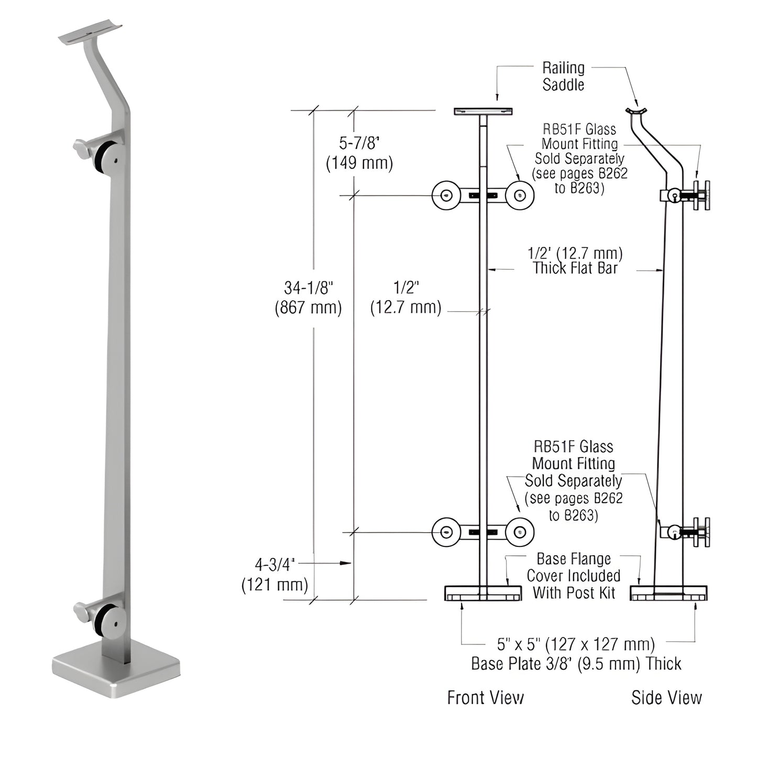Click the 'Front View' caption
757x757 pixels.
485,697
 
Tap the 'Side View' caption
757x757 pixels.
666,697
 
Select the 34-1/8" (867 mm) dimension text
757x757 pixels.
308,298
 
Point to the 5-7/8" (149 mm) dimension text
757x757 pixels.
359,153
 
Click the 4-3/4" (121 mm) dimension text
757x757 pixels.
275,574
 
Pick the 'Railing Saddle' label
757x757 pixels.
563,76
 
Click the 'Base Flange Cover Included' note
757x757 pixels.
574,576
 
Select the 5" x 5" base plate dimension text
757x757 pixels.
576,653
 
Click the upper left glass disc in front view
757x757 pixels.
446,195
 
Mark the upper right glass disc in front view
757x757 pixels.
520,195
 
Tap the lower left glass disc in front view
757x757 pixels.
446,532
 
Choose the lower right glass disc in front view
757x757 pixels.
520,532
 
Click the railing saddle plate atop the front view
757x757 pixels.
483,112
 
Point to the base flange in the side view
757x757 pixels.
668,594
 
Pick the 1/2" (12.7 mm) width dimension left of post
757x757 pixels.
405,298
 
